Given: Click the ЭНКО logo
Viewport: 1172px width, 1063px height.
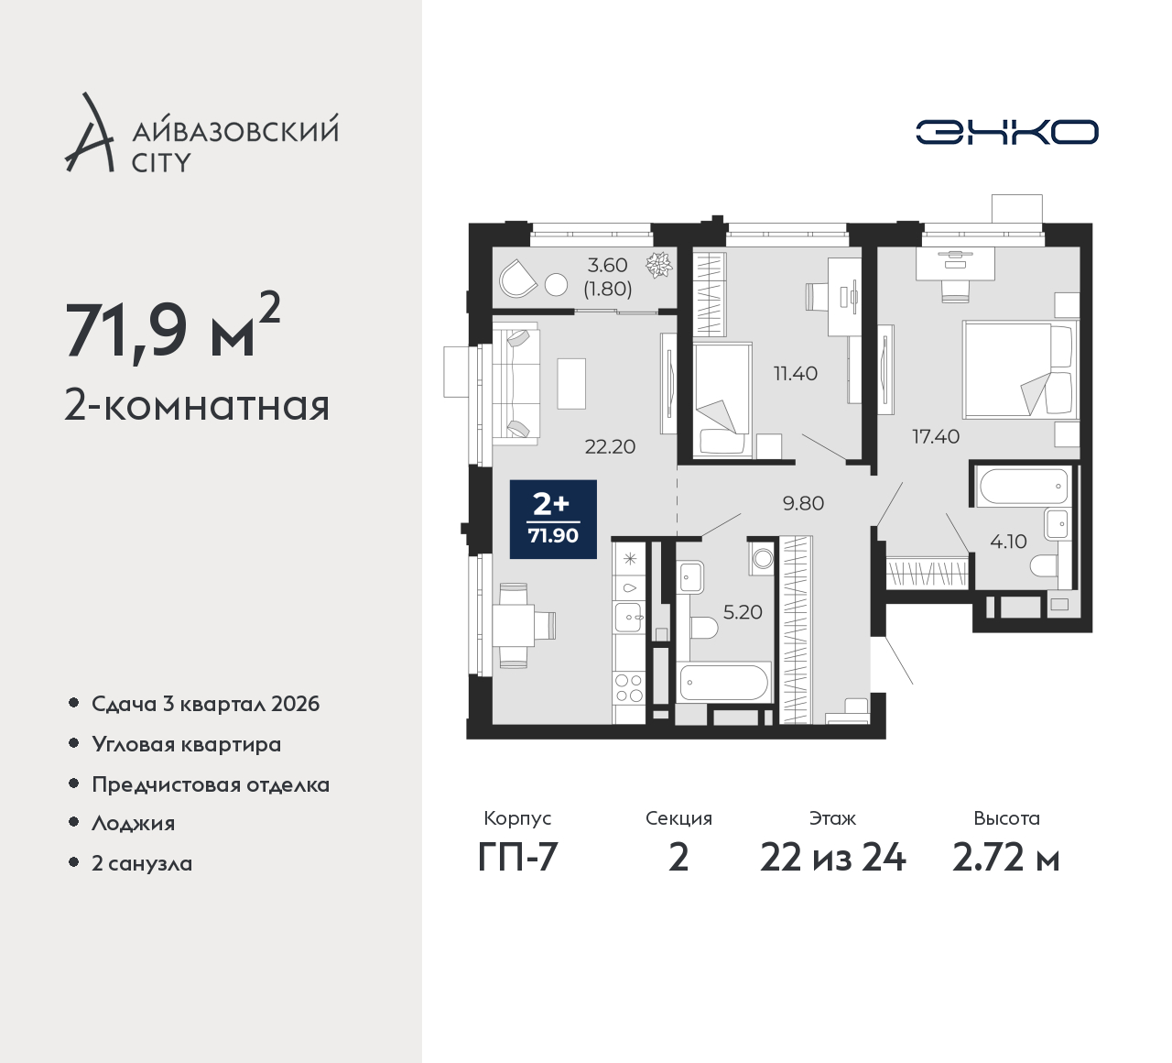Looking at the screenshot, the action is click(x=1006, y=132).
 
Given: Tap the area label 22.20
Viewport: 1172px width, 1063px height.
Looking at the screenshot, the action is click(x=610, y=446).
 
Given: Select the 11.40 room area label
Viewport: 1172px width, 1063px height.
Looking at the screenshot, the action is click(x=796, y=374).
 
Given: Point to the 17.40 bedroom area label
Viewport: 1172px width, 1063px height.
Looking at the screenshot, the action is click(x=936, y=436).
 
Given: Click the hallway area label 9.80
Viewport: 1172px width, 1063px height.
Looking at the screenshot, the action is click(x=803, y=503).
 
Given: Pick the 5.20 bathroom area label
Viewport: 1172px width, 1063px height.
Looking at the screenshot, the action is click(x=743, y=612).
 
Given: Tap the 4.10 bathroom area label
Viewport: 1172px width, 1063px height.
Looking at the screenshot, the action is click(x=1008, y=542).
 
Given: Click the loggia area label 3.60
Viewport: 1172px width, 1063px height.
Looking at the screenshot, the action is click(x=608, y=266).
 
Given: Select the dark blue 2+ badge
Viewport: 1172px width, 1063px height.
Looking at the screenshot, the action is click(x=553, y=520).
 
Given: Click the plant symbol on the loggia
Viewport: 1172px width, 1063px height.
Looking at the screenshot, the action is click(x=659, y=265).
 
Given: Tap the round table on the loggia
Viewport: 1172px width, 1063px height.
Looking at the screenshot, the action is click(x=556, y=285).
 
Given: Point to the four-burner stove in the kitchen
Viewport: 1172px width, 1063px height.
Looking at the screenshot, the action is click(x=629, y=687).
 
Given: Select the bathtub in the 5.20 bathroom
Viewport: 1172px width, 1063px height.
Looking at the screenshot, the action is click(x=724, y=683).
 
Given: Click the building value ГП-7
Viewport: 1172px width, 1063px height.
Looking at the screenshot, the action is click(x=517, y=858).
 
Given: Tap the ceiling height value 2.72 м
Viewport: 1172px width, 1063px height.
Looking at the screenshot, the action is click(x=1006, y=858).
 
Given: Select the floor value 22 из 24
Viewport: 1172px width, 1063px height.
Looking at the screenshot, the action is click(x=833, y=858).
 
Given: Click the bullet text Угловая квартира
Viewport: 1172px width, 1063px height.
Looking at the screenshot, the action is click(x=187, y=744).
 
